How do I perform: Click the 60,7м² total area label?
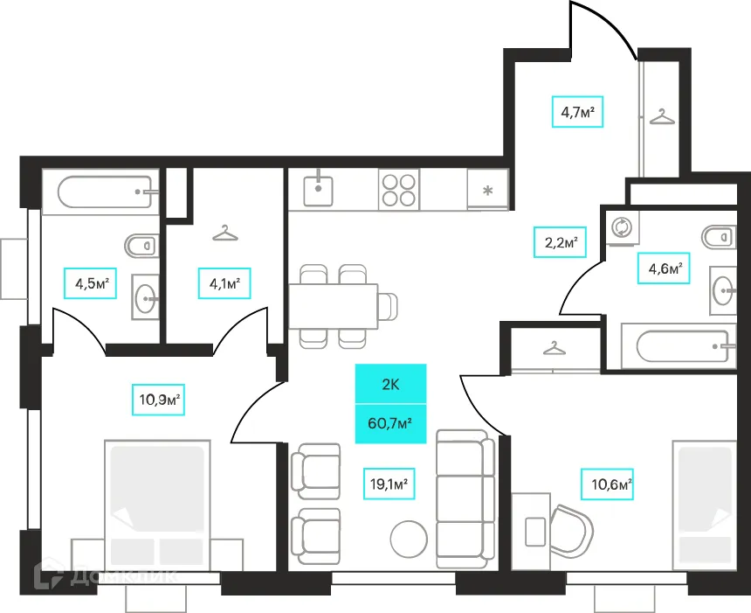[x=390, y=423]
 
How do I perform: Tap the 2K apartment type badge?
[x=390, y=384]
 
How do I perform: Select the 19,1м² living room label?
[x=389, y=484]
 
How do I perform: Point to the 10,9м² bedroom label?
[x=159, y=399]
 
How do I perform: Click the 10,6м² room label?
[x=607, y=484]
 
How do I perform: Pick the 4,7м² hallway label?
[x=577, y=112]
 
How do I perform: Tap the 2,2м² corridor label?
[x=561, y=242]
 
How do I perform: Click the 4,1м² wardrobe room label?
[x=224, y=283]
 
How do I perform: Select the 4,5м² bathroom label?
[x=91, y=283]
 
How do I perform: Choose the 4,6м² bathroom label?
[x=664, y=268]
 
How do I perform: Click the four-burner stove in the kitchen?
[x=398, y=190]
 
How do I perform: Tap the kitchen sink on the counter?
[x=318, y=191]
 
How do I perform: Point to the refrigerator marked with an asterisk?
[x=487, y=190]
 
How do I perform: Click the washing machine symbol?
[x=622, y=226]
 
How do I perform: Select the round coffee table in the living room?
[x=409, y=539]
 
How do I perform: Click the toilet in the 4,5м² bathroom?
[x=141, y=246]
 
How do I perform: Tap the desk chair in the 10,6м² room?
[x=571, y=531]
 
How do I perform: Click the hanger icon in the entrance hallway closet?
[x=663, y=116]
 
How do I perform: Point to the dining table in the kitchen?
[x=333, y=306]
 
